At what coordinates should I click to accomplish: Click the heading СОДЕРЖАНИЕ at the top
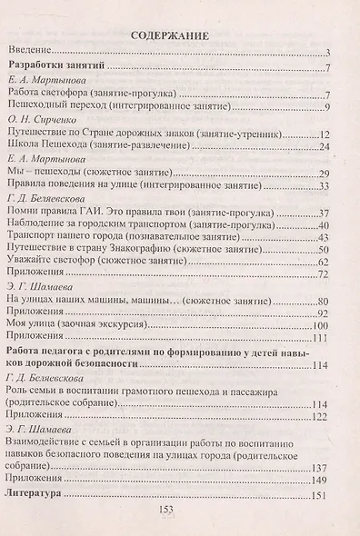(x=170, y=37)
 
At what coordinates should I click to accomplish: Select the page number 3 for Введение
(x=328, y=54)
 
